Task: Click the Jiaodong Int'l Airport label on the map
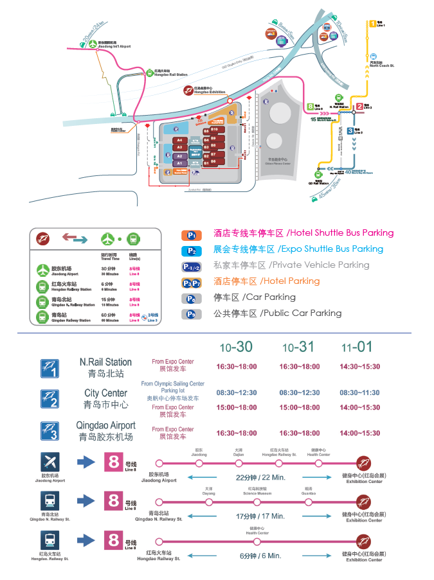(115, 46)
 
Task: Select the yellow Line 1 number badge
(372, 24)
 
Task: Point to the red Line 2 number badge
(359, 107)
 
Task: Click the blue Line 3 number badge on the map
(350, 130)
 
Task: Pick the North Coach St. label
(381, 65)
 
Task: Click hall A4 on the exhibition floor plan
(180, 140)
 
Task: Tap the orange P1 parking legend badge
(191, 234)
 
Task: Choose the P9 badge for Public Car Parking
(191, 314)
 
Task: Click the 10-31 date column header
(299, 347)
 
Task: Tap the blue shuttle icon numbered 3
(50, 430)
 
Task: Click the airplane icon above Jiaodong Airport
(50, 462)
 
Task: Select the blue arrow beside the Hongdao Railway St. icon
(86, 538)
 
